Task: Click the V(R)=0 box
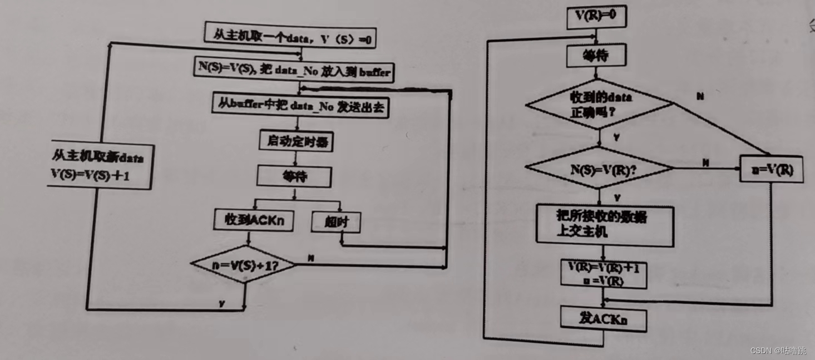[596, 17]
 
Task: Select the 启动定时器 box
[295, 141]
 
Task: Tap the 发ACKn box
[604, 319]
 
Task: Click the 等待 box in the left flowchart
[294, 177]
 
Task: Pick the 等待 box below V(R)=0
[596, 56]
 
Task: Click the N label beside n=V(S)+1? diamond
[311, 258]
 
